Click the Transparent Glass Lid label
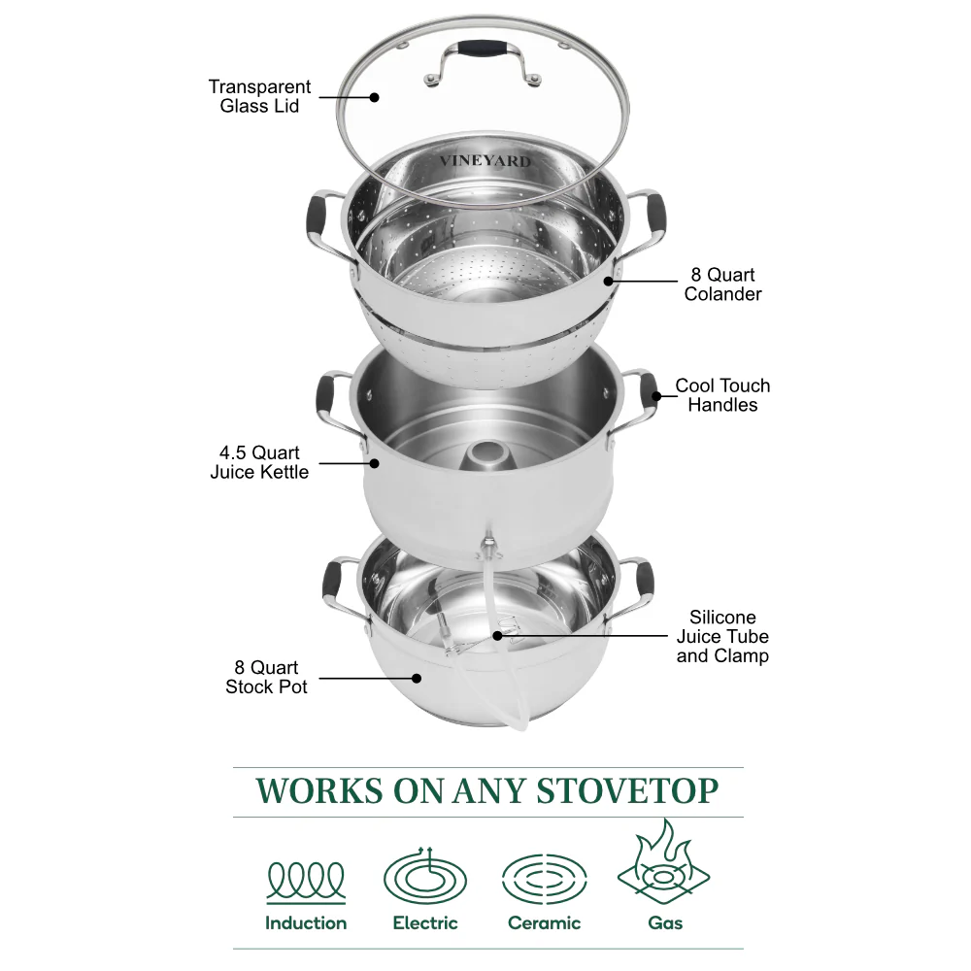click(x=258, y=96)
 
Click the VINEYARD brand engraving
click(x=485, y=161)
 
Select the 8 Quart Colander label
click(x=723, y=285)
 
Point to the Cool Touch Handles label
click(x=722, y=395)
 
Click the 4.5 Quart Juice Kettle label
click(x=259, y=462)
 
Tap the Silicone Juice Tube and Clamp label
click(x=722, y=636)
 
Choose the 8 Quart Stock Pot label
click(x=266, y=677)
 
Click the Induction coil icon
click(x=306, y=881)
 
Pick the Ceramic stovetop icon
click(x=544, y=879)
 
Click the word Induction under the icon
click(x=306, y=923)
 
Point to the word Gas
click(x=665, y=923)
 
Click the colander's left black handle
click(x=317, y=215)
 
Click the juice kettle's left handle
click(x=326, y=393)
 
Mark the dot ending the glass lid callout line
click(x=375, y=96)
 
